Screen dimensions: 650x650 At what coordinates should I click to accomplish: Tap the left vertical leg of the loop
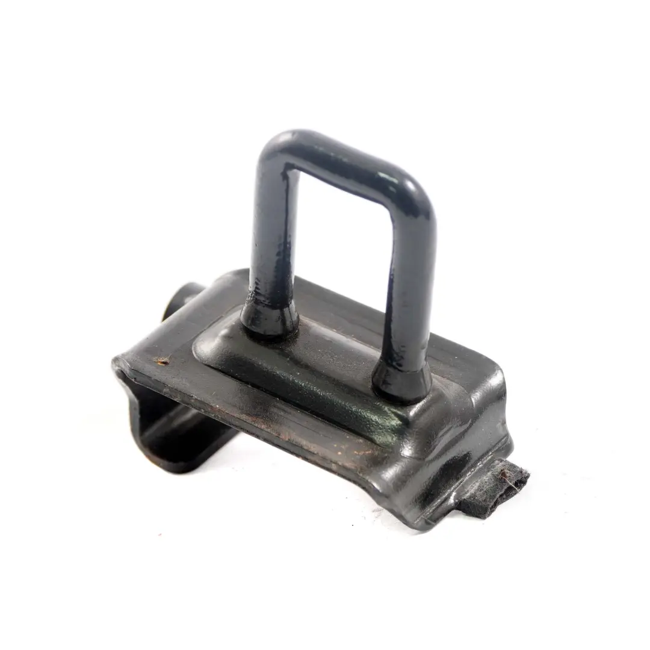click(x=268, y=241)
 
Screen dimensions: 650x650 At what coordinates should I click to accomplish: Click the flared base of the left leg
click(x=269, y=319)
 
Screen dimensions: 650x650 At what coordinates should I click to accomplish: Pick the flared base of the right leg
click(x=401, y=382)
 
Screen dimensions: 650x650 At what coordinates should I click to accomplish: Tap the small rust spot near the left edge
click(x=161, y=362)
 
